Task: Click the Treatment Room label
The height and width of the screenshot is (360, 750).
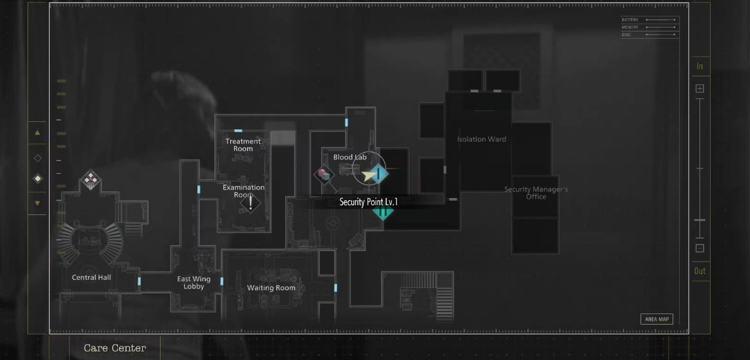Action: (x=243, y=145)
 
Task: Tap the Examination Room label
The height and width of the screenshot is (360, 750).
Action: (x=243, y=191)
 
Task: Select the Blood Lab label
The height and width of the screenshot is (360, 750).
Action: (x=349, y=157)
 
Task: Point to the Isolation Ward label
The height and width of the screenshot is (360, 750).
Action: (x=481, y=139)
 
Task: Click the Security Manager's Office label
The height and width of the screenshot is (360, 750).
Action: (x=536, y=193)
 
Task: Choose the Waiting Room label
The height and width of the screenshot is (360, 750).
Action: (x=271, y=288)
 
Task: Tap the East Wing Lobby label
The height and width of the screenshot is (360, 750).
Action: (x=194, y=283)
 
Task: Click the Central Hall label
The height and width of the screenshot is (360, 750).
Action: (x=91, y=277)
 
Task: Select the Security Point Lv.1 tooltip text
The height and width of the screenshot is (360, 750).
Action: (x=368, y=202)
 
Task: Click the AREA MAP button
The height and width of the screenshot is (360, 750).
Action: (x=656, y=319)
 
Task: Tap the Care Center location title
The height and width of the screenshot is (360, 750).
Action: (x=115, y=348)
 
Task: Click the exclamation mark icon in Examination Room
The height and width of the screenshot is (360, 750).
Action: (x=250, y=203)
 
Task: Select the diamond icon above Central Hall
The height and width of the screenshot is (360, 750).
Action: (x=90, y=179)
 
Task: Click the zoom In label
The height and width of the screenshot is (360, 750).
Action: (x=700, y=66)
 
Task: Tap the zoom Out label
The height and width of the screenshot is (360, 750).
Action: (x=700, y=271)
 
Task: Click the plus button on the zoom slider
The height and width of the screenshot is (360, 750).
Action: (x=700, y=89)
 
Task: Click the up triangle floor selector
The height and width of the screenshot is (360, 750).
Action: (x=37, y=132)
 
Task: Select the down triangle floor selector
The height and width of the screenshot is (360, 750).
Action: (x=37, y=203)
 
